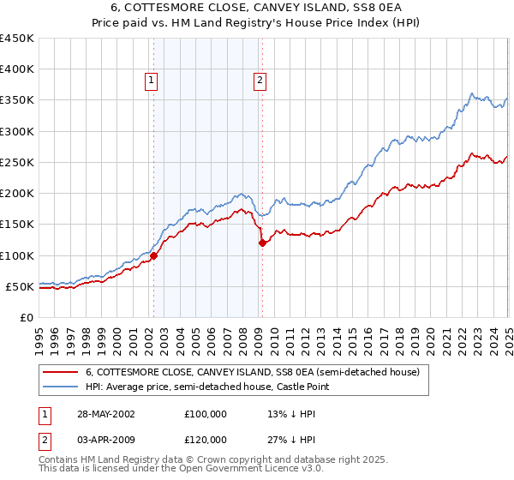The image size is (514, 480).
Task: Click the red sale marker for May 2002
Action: click(x=153, y=255)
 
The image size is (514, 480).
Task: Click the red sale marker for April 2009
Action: click(x=261, y=243)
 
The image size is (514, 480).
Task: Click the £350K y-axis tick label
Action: click(x=17, y=100)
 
